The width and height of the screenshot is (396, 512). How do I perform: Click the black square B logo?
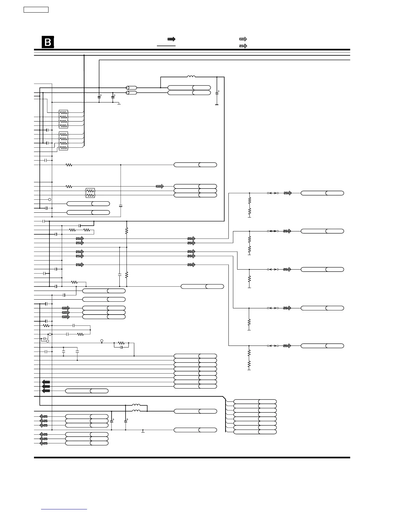tap(48, 42)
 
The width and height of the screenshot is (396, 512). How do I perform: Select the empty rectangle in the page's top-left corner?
tap(36, 10)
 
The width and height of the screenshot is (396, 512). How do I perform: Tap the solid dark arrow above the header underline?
tap(171, 39)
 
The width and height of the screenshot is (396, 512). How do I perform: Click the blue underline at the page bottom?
tap(64, 509)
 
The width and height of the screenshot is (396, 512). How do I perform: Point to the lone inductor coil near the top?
tap(191, 77)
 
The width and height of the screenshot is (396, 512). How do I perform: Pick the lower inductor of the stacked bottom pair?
tap(136, 411)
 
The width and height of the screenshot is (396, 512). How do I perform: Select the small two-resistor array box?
tap(90, 193)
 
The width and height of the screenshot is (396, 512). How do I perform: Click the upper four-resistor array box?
tap(63, 119)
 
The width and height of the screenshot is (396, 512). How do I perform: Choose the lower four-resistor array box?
tap(63, 141)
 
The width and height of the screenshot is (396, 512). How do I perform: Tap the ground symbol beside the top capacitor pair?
tap(119, 104)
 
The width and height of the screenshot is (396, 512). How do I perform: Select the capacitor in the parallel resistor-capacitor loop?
tap(121, 347)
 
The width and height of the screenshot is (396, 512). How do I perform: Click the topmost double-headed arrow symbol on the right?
tap(272, 193)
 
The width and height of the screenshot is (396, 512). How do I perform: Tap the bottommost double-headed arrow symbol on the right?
tap(272, 346)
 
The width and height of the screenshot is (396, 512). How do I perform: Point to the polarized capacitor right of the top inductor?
tap(217, 93)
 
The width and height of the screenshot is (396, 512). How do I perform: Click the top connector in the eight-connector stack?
tap(255, 401)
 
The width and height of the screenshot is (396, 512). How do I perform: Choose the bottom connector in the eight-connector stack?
tap(255, 432)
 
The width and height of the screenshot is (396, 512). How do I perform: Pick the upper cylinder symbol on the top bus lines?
tap(131, 88)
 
